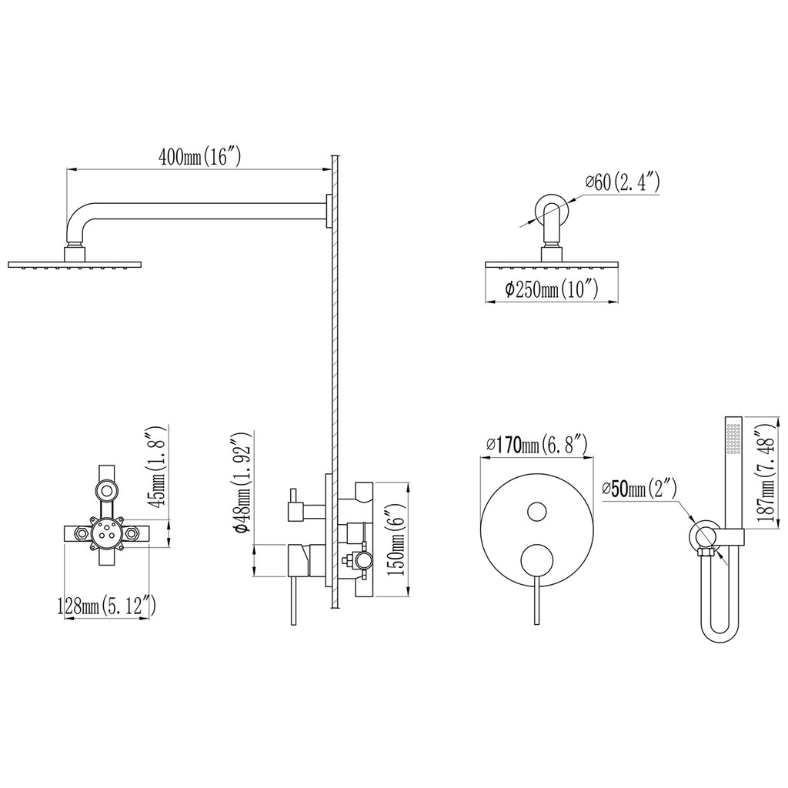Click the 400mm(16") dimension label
click(200, 156)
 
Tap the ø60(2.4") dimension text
click(622, 182)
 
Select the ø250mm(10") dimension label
click(551, 289)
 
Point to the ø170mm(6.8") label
click(537, 445)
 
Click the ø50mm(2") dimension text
click(640, 489)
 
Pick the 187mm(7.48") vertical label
click(768, 472)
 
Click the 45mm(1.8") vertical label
click(155, 467)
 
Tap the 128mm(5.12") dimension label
click(106, 606)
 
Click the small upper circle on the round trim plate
click(537, 511)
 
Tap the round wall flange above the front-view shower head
click(552, 208)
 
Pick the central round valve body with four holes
click(106, 533)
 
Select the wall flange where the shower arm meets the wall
click(329, 211)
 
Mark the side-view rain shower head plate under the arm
click(75, 265)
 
